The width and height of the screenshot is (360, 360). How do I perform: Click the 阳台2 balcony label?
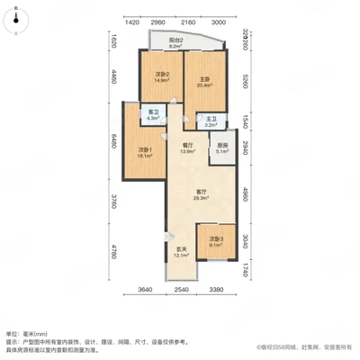coord(177,40)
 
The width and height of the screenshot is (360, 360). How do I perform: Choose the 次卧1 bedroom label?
coord(144,149)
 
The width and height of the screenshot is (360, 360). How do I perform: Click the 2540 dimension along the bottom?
coord(181,290)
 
